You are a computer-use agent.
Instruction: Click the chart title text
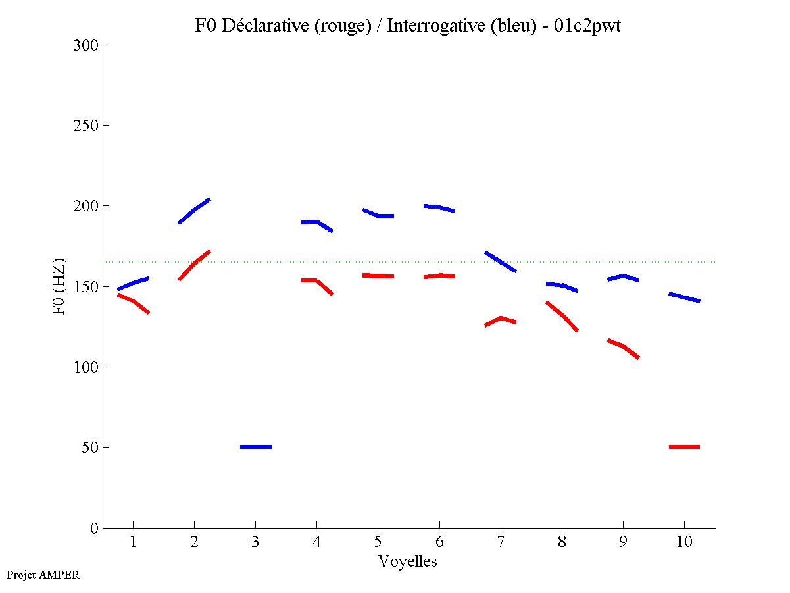408,26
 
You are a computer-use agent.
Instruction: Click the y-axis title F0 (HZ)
59,286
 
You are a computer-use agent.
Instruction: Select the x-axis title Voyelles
408,561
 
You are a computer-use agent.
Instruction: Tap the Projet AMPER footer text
43,575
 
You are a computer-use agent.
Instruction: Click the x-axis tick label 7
501,542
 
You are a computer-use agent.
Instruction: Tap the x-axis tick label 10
684,542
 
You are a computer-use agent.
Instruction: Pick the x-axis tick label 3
255,542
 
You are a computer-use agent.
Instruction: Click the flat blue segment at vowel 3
256,447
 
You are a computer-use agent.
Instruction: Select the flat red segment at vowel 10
684,447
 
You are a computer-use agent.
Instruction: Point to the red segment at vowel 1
134,301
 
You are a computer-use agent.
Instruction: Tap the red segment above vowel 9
622,346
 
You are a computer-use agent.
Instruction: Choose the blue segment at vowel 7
501,261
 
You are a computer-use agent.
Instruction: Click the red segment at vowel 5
378,276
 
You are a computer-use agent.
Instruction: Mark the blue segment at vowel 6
439,207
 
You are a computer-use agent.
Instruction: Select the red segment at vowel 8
562,315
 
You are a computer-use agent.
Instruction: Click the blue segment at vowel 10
684,297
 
